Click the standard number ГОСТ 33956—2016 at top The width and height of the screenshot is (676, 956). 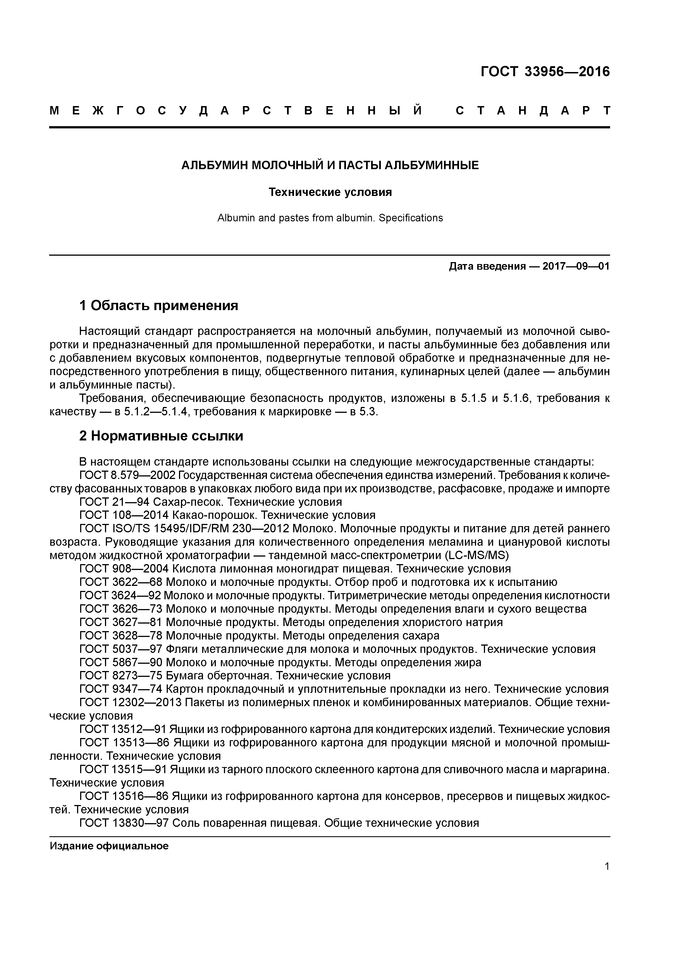545,72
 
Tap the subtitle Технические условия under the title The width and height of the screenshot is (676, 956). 330,192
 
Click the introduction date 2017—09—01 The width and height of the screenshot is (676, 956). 576,267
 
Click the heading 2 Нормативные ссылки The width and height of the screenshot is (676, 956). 161,436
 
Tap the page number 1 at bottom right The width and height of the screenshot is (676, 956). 607,866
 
